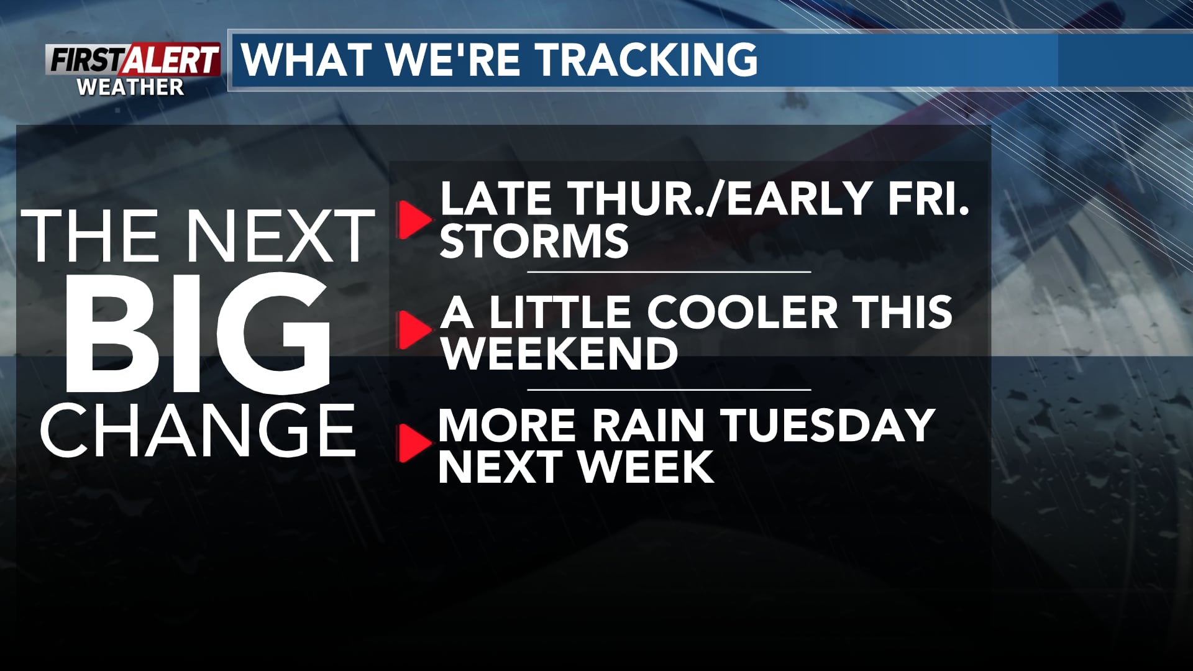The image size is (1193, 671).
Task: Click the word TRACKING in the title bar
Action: (647, 60)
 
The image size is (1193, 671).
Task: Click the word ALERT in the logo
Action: (172, 60)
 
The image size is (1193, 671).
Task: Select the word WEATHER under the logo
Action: (130, 87)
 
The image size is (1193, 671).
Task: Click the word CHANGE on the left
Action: (198, 430)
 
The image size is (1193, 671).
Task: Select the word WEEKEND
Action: (559, 354)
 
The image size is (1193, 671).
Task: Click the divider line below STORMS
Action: (669, 272)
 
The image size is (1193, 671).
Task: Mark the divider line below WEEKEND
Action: (669, 390)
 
